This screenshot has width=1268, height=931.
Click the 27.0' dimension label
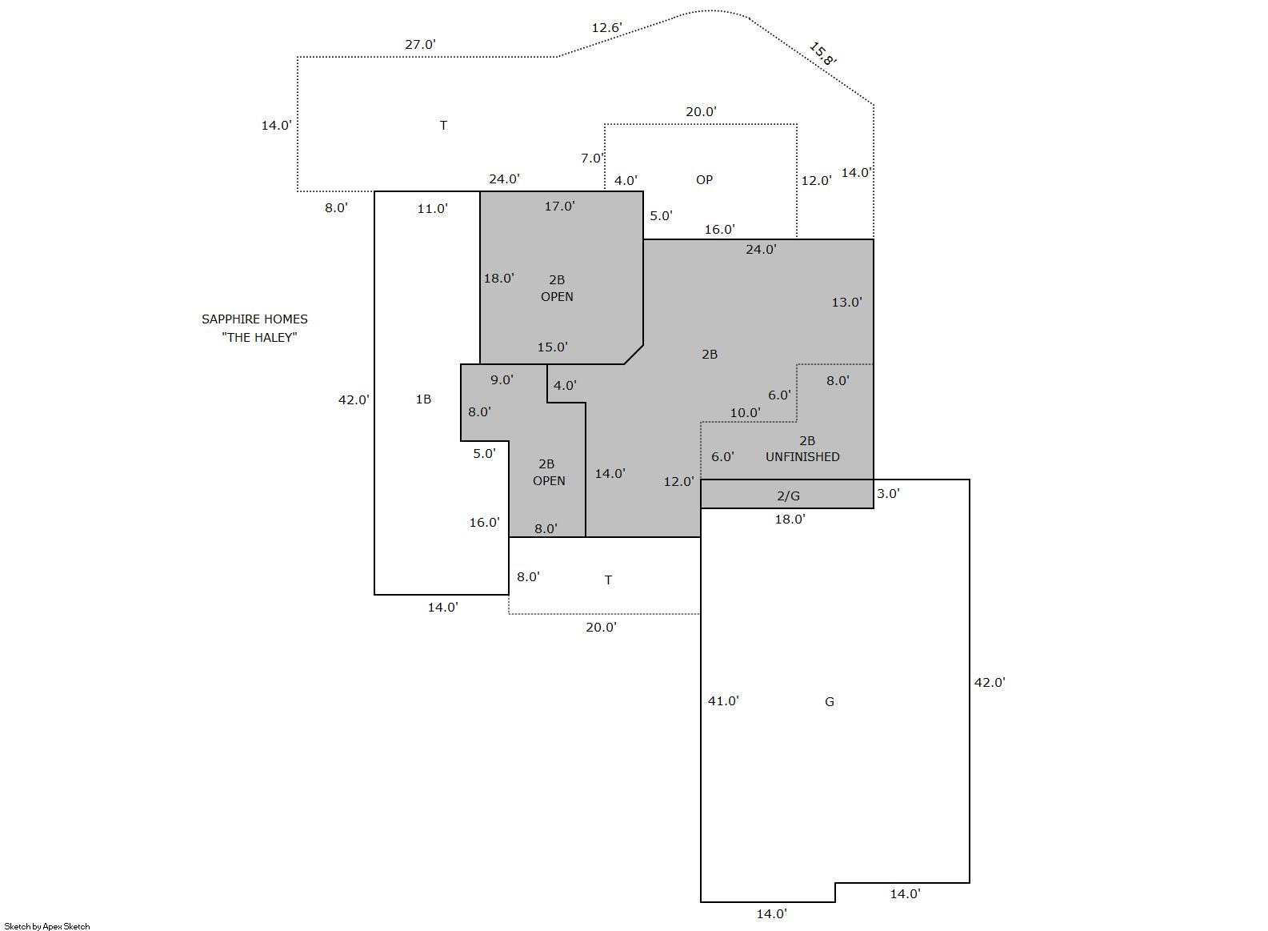click(x=420, y=45)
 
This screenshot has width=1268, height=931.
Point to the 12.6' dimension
click(x=606, y=28)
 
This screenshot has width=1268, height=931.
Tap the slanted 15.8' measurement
click(x=822, y=54)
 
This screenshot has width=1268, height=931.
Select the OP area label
click(x=704, y=179)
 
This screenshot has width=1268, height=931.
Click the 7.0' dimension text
click(x=592, y=159)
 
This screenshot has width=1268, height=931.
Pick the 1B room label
click(x=423, y=399)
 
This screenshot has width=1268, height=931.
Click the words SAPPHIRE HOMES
click(x=254, y=319)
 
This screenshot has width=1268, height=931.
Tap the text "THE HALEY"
click(x=259, y=337)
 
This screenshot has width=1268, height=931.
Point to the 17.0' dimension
click(x=559, y=207)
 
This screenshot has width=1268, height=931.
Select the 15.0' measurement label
click(x=552, y=347)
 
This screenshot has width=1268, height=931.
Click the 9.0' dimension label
click(x=502, y=380)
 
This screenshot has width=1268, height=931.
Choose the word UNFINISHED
click(x=802, y=457)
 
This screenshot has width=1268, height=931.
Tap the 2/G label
click(x=788, y=496)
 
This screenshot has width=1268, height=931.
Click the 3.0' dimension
click(x=888, y=494)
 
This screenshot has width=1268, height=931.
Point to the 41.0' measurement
click(x=723, y=701)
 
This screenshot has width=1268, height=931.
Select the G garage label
click(x=830, y=702)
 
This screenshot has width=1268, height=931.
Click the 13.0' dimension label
click(x=846, y=303)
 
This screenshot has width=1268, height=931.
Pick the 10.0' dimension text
click(x=745, y=413)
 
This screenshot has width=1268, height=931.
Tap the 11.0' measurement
click(x=432, y=209)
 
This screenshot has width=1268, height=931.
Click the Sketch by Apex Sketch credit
click(x=47, y=926)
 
